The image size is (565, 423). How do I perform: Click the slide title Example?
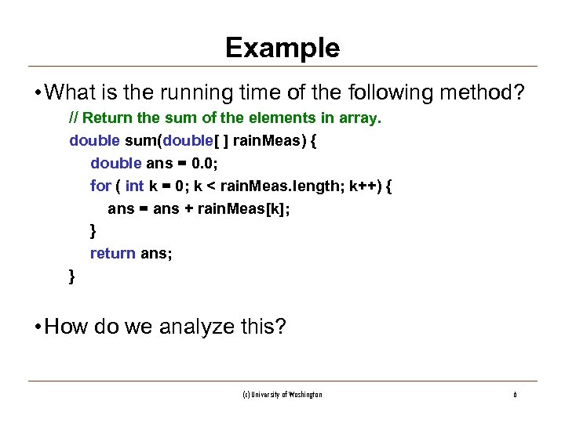point(282,49)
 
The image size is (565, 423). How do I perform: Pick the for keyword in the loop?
point(100,186)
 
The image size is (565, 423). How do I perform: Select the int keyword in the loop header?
point(134,186)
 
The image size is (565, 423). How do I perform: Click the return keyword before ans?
point(113,253)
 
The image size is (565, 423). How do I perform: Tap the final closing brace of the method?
point(72,275)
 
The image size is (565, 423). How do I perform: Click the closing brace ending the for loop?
point(93,231)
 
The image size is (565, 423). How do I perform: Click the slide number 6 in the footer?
point(515,395)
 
